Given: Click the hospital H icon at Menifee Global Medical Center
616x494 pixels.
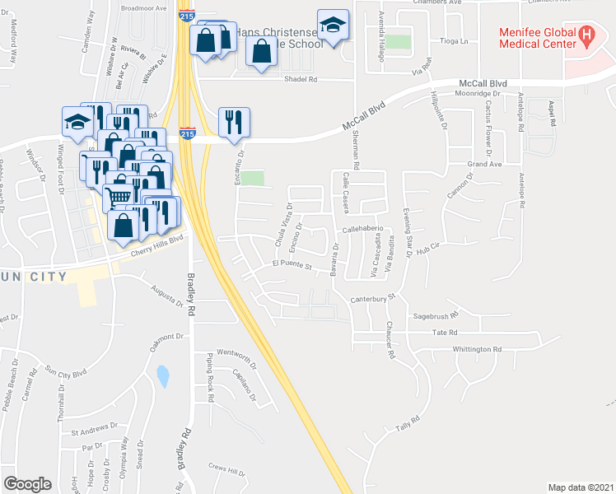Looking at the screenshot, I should (x=586, y=35).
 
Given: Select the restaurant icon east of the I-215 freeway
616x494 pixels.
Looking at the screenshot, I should (x=234, y=122).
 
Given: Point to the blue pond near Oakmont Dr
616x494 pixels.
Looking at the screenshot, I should (x=163, y=377).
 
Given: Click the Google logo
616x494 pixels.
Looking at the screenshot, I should (x=28, y=483).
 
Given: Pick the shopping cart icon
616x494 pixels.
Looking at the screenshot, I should (x=120, y=193).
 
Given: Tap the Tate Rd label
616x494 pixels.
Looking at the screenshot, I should (x=444, y=332).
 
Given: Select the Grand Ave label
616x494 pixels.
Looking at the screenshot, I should (x=485, y=165).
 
